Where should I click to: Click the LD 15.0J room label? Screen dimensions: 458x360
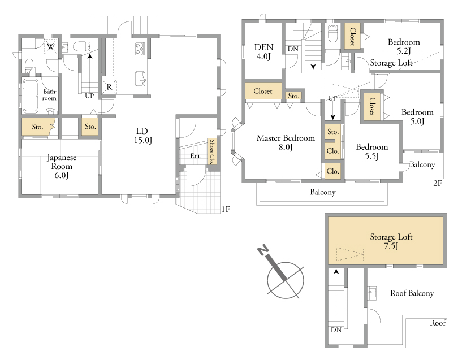143,136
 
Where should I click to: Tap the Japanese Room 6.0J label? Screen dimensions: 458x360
62,166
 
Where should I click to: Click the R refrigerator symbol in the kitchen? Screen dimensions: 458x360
109,86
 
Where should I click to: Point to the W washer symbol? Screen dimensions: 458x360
51,47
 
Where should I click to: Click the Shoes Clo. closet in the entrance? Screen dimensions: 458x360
212,151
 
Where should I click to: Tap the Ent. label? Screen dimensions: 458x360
196,156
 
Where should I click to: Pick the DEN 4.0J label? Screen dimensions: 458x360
263,51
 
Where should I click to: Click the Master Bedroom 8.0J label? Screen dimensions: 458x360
286,142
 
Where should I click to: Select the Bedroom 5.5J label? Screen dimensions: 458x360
372,151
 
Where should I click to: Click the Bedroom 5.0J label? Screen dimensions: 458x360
417,116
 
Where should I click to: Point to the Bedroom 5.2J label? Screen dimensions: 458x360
404,46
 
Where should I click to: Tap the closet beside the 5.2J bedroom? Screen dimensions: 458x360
353,36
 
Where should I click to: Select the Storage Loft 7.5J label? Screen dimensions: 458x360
391,241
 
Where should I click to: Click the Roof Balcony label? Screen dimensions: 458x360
412,293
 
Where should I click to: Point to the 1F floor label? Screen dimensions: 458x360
226,209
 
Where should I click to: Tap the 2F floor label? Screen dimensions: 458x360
437,183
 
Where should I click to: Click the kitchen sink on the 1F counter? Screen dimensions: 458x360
140,79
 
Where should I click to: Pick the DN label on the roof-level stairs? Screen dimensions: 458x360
336,330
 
